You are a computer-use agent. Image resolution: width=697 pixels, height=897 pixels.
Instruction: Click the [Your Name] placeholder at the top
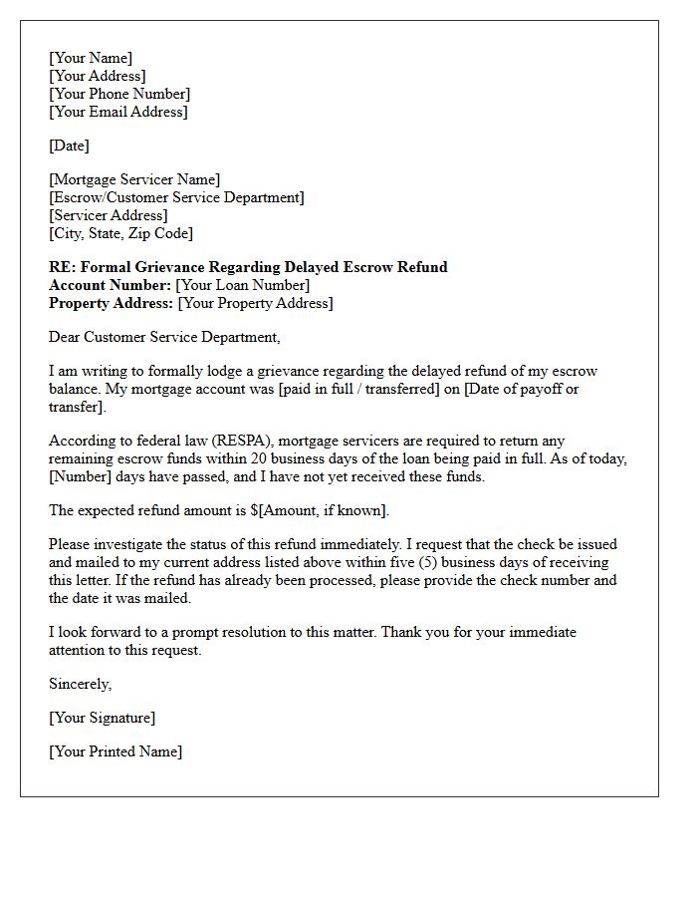click(x=91, y=58)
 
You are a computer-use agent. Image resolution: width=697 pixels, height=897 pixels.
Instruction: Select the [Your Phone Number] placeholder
click(x=119, y=94)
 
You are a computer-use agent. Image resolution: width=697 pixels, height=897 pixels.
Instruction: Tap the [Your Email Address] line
click(x=117, y=112)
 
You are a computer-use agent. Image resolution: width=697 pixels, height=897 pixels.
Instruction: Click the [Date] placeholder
click(x=69, y=146)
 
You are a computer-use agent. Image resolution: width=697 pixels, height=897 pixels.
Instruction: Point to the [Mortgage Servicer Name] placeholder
click(x=134, y=179)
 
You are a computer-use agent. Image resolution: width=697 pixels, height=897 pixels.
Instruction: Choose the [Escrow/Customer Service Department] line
click(x=176, y=197)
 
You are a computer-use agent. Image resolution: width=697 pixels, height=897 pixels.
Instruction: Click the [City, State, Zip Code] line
click(x=120, y=233)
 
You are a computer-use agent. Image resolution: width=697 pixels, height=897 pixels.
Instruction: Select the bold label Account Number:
click(x=110, y=285)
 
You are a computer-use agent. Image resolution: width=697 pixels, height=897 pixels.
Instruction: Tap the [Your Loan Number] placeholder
click(x=242, y=285)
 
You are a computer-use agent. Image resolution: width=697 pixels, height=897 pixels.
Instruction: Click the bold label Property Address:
click(x=111, y=303)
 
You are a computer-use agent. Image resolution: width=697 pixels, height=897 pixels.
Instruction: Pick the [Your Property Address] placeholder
click(x=255, y=303)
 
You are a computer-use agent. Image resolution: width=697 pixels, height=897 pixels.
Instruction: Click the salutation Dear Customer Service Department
click(x=164, y=337)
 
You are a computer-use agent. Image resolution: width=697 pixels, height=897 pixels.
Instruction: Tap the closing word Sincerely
click(x=80, y=684)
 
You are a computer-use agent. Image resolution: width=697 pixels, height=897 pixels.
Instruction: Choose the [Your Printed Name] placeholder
click(x=116, y=751)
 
